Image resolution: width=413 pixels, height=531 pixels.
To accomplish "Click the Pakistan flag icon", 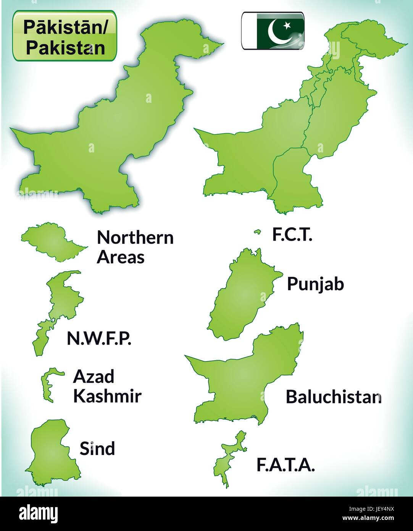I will click(273, 31).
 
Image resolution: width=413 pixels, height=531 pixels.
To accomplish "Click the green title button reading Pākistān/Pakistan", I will click(65, 36).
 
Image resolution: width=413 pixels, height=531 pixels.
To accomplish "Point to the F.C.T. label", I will click(292, 235).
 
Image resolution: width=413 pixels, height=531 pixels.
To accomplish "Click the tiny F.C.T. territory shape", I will click(258, 232).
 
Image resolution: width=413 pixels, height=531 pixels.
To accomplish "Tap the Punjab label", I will click(315, 284).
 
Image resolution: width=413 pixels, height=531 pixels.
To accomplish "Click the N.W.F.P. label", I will click(99, 338).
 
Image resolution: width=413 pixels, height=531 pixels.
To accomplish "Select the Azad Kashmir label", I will click(107, 386).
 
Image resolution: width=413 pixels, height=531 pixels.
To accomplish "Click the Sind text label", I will click(97, 448).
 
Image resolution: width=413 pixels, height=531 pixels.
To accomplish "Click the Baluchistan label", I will click(333, 397).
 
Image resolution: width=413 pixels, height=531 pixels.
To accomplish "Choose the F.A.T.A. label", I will click(286, 465).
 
